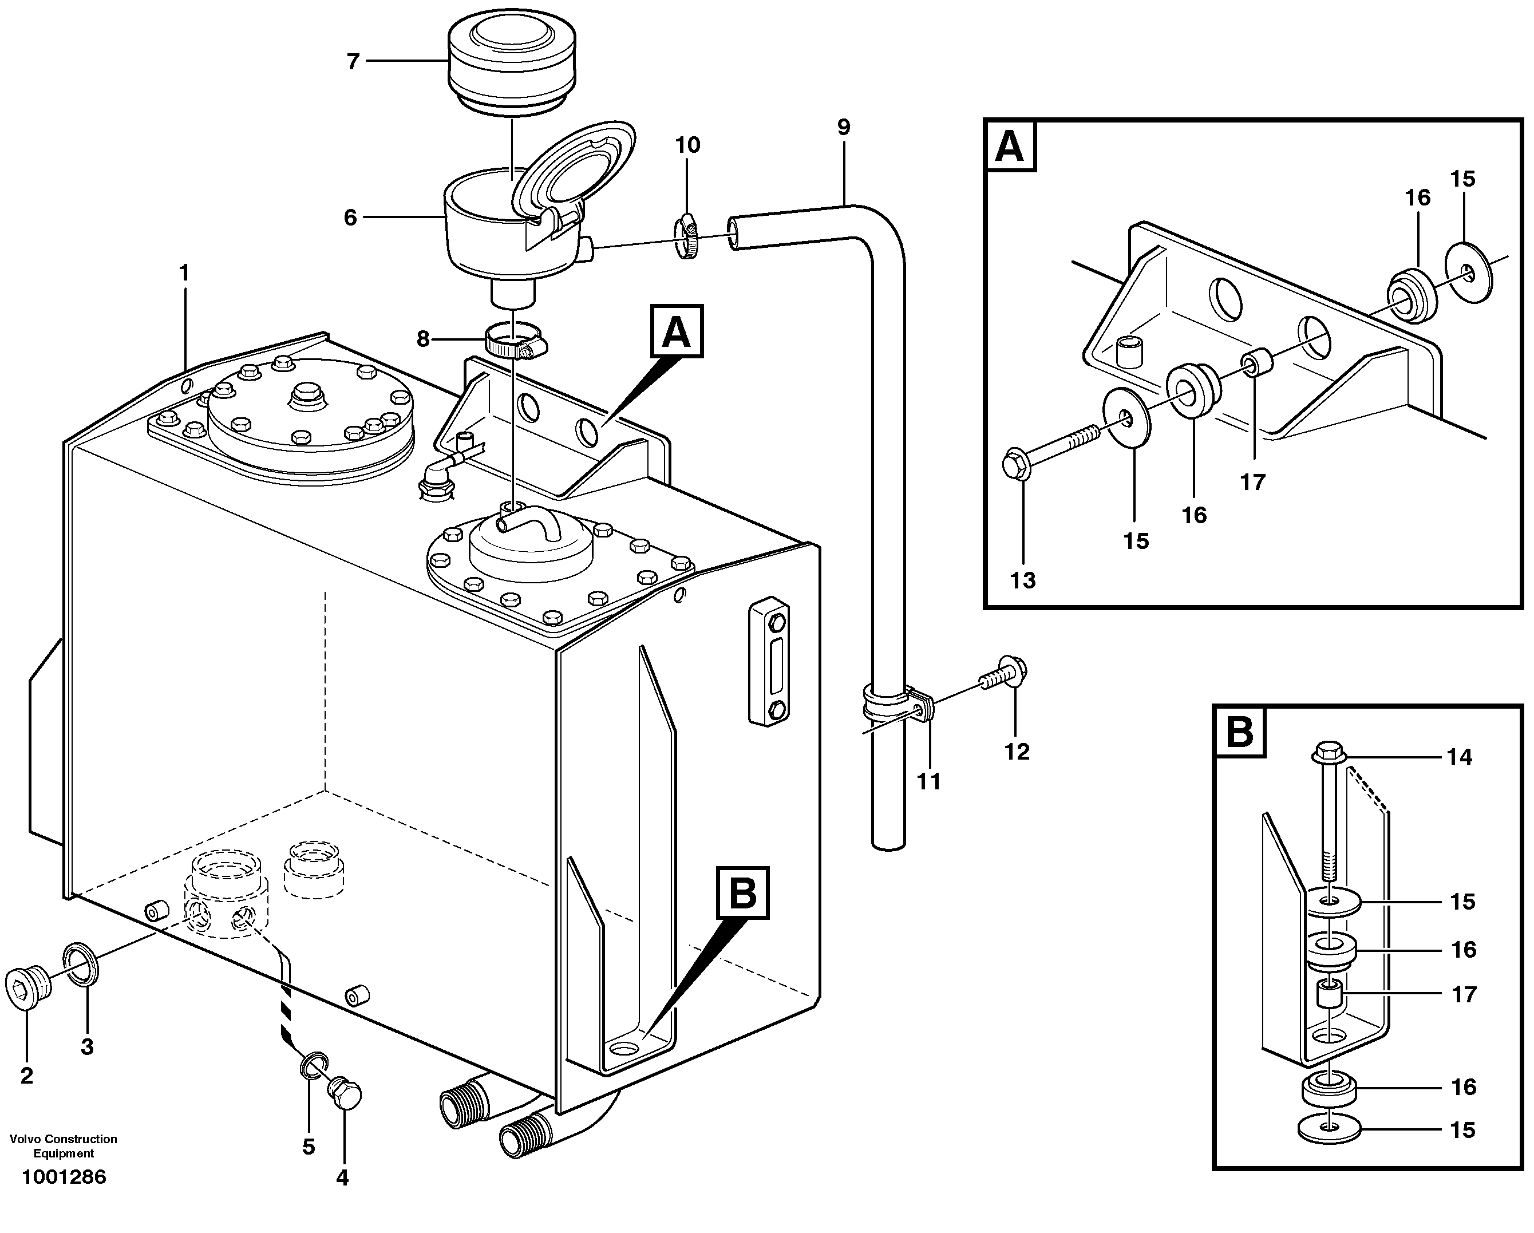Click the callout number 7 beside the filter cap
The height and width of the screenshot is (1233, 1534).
pos(353,62)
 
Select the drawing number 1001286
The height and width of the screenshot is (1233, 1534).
pos(64,1177)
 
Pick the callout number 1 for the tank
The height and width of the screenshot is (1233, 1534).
pos(184,272)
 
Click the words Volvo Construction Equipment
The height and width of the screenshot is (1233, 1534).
pos(64,1146)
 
